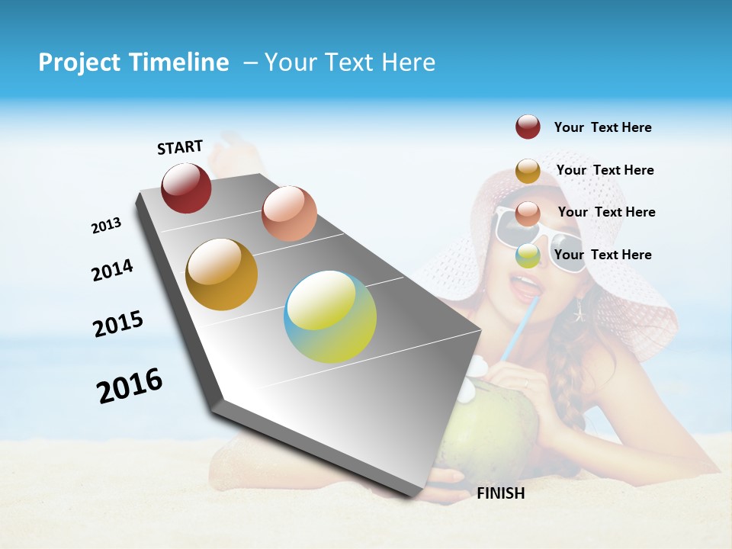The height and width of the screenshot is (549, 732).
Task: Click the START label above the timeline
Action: [180, 147]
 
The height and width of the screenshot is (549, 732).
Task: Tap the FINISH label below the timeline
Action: [501, 493]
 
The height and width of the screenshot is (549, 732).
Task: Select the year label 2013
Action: [106, 226]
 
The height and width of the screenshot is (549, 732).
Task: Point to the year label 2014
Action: [113, 270]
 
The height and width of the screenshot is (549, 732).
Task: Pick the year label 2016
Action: [130, 385]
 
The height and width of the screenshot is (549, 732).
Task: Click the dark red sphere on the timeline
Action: [186, 188]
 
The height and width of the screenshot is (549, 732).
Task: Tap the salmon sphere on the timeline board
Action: [289, 213]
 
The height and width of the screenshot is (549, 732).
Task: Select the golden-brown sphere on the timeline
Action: [222, 274]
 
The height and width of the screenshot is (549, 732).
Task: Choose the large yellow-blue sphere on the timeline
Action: [330, 316]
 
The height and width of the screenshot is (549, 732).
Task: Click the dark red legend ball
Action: [528, 127]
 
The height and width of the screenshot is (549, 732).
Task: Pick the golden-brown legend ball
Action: [528, 171]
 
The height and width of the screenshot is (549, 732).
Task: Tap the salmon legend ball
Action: [528, 213]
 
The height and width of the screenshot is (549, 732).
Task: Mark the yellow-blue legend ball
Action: [528, 255]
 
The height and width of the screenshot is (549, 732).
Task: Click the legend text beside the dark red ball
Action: [602, 127]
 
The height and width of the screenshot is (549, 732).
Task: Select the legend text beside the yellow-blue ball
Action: [602, 255]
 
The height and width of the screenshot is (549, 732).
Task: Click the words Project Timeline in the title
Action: [133, 63]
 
